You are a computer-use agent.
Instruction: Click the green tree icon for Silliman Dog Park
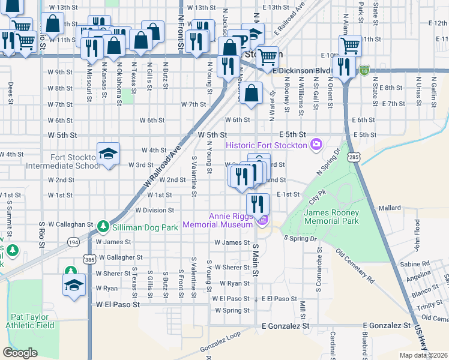pyautogui.click(x=103, y=226)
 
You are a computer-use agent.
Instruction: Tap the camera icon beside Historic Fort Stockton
pyautogui.click(x=316, y=145)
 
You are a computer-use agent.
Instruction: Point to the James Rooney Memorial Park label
pyautogui.click(x=331, y=217)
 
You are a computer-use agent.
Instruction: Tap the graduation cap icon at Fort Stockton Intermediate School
pyautogui.click(x=108, y=154)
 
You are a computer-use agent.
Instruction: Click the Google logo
pyautogui.click(x=20, y=353)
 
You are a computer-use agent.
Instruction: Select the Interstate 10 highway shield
pyautogui.click(x=364, y=70)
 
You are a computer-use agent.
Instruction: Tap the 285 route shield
pyautogui.click(x=354, y=157)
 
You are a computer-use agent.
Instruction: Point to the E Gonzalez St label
pyautogui.click(x=285, y=325)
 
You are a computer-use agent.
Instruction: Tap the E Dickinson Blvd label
pyautogui.click(x=301, y=70)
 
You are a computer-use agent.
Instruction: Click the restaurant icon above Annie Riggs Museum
pyautogui.click(x=258, y=205)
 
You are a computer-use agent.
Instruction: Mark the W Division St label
pyautogui.click(x=154, y=211)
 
